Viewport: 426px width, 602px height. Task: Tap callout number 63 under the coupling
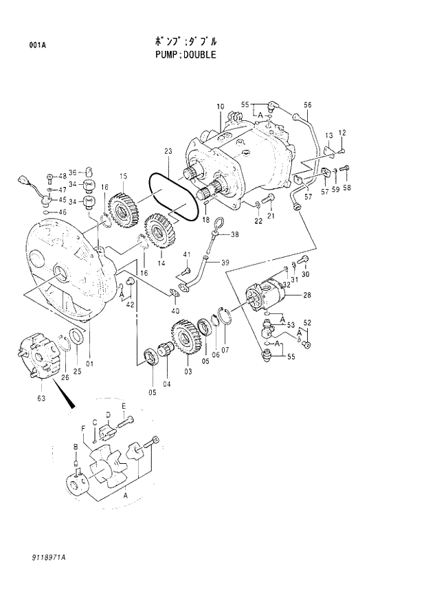pos(40,397)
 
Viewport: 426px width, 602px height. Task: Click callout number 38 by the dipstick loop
pos(235,234)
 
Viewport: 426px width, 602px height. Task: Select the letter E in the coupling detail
pos(124,406)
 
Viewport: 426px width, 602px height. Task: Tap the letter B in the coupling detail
pos(76,447)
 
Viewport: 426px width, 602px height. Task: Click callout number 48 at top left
pos(62,175)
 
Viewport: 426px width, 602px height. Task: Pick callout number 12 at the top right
pos(341,132)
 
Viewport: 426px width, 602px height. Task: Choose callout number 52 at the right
pos(307,322)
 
